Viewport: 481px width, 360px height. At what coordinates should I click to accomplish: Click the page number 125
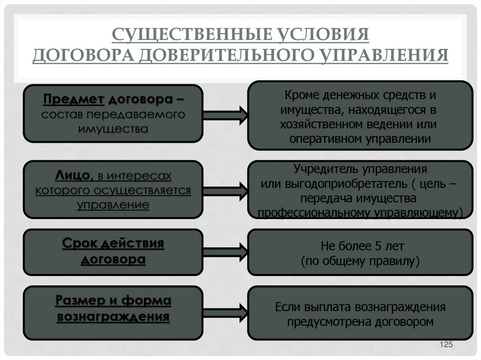446,345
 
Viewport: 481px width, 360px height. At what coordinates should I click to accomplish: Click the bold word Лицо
72,176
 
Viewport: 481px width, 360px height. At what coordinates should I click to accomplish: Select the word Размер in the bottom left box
83,301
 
